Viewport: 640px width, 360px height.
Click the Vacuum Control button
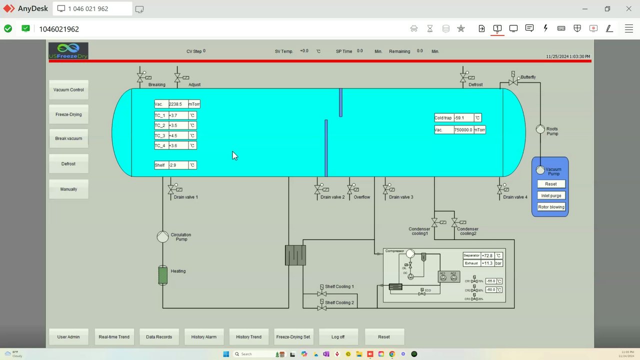click(68, 90)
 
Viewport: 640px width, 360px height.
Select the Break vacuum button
click(68, 138)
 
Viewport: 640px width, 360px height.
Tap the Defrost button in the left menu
click(68, 164)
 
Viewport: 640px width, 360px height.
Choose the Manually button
click(68, 189)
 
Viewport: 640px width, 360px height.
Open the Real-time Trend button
click(114, 337)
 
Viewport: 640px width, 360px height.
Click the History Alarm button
click(204, 337)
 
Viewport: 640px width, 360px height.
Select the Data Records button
click(159, 337)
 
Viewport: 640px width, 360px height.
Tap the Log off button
click(338, 337)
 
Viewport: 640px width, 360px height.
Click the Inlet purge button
click(551, 195)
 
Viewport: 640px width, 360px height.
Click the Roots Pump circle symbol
click(540, 129)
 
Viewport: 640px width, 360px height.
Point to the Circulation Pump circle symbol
click(162, 237)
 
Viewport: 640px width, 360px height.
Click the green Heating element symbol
click(163, 275)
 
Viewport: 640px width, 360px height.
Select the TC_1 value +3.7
click(178, 115)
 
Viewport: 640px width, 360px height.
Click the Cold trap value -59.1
click(463, 118)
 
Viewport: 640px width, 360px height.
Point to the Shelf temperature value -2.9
click(178, 165)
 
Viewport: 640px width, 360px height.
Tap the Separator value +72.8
click(487, 255)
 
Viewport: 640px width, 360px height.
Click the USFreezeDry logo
click(68, 51)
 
